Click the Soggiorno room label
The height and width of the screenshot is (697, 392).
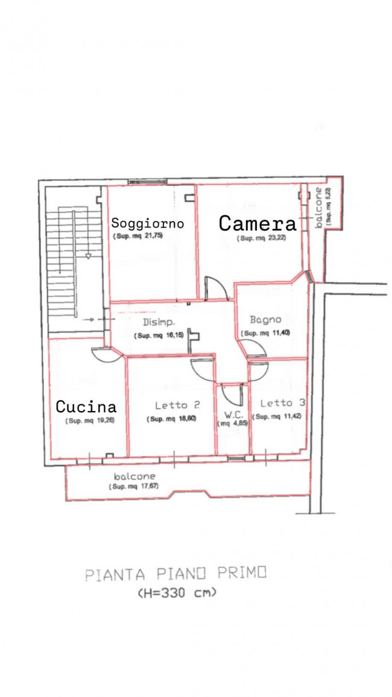[x=148, y=223]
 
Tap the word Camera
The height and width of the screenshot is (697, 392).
[x=258, y=224]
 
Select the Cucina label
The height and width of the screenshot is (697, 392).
[x=87, y=406]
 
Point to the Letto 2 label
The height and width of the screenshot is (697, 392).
[x=177, y=405]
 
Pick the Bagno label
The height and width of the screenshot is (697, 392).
[x=265, y=319]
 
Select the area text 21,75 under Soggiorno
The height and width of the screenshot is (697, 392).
[x=153, y=236]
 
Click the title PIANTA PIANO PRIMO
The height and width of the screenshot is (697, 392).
[x=175, y=574]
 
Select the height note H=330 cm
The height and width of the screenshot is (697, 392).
[x=177, y=592]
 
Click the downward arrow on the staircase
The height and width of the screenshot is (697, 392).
[x=88, y=256]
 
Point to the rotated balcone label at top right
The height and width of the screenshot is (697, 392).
[x=318, y=208]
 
